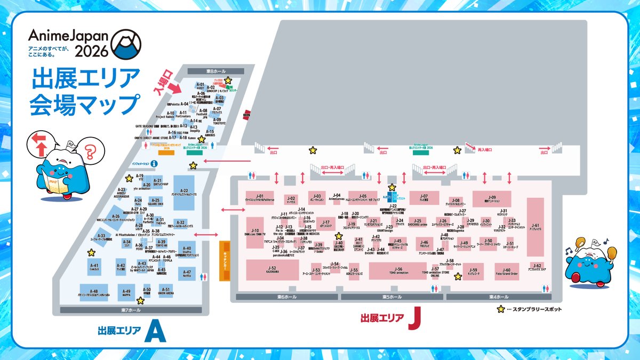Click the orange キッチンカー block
tap(225, 262)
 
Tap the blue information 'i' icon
tap(154, 164)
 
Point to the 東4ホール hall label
tap(499, 297)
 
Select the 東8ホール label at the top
tap(216, 71)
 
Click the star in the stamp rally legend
tap(501, 309)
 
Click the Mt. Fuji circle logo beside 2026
tap(127, 44)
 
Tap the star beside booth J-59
tap(458, 276)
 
